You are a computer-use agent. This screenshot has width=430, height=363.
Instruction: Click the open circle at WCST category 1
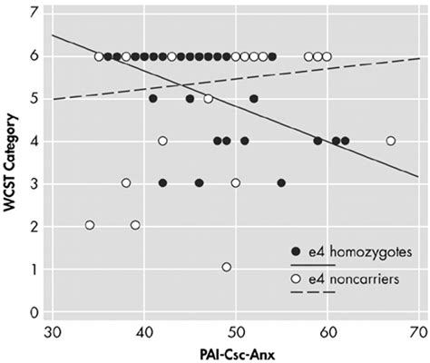[x=226, y=268]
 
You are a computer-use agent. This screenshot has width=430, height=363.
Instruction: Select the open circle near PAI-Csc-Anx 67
[x=390, y=141]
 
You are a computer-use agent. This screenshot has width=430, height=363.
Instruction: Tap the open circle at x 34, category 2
[x=89, y=225]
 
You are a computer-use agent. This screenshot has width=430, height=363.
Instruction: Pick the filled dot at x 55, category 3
[x=281, y=182]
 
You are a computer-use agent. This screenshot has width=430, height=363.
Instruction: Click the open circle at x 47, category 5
[x=208, y=99]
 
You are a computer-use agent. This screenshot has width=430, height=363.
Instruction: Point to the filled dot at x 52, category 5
[x=254, y=98]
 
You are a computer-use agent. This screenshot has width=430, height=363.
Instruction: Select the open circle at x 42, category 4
[x=162, y=141]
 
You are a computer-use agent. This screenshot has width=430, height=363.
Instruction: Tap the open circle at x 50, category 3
[x=236, y=182]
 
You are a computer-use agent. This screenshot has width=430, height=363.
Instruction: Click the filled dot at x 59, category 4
[x=318, y=141]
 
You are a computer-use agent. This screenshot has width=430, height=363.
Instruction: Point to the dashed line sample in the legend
[x=300, y=293]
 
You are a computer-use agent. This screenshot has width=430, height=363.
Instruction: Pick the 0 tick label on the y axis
[x=34, y=311]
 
